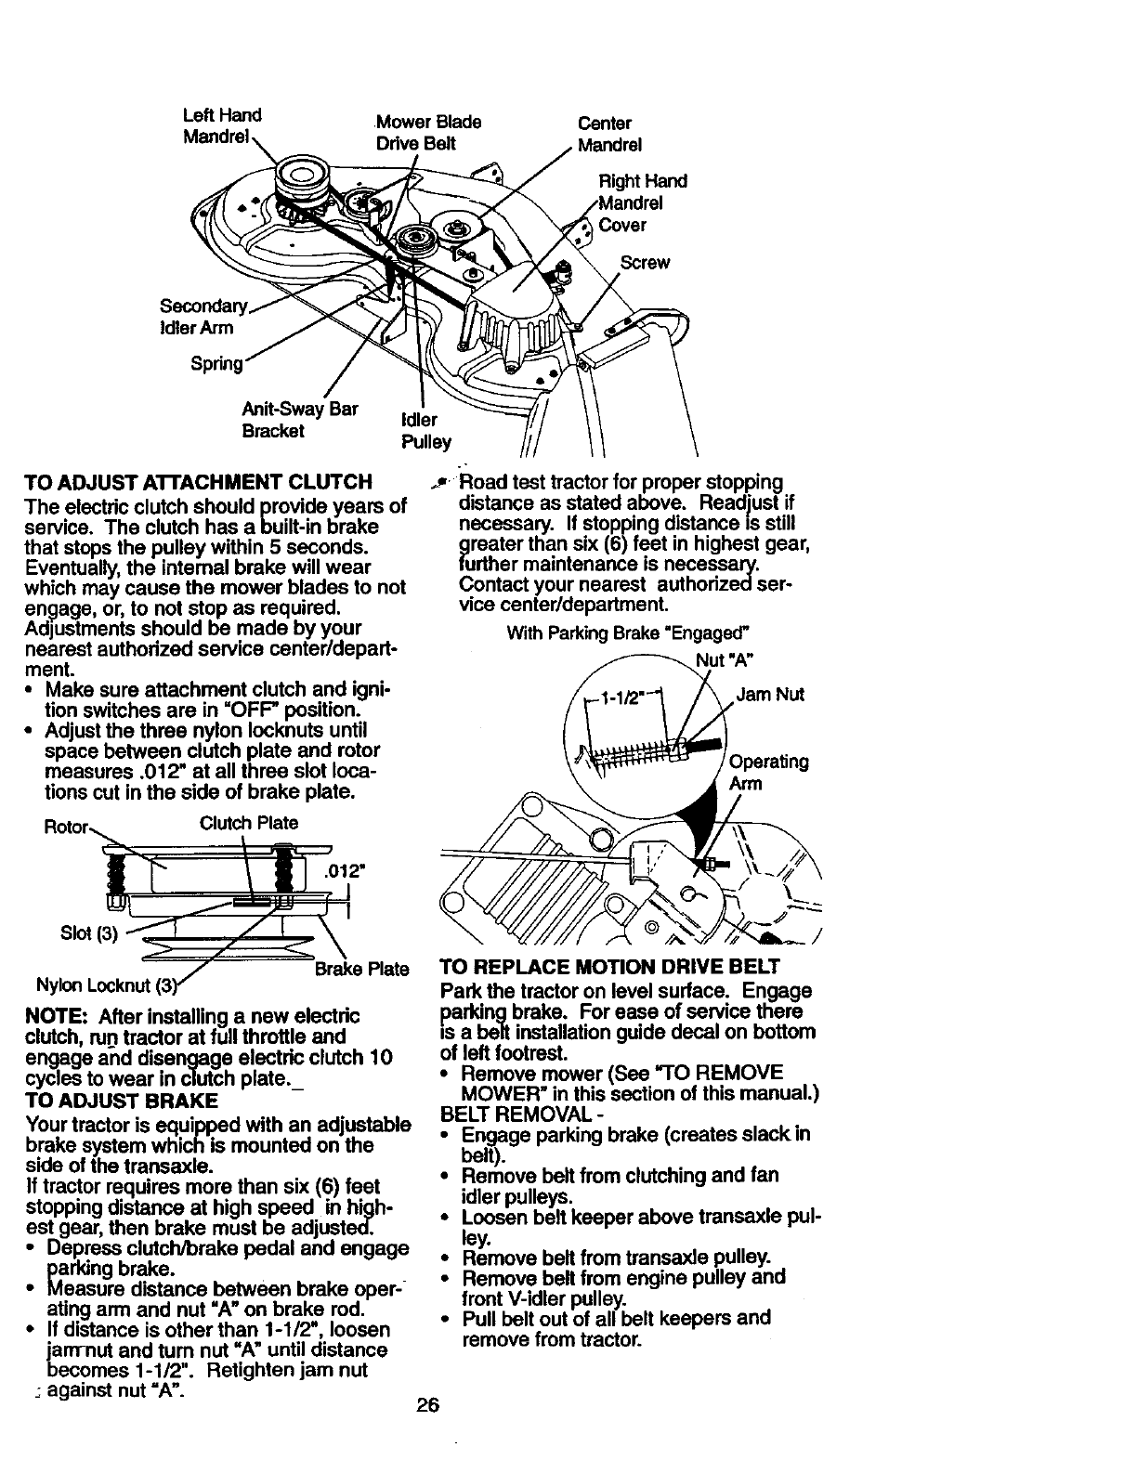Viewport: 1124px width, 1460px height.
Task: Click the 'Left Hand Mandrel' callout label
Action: coord(221,126)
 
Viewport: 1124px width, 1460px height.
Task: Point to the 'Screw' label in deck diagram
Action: coord(644,263)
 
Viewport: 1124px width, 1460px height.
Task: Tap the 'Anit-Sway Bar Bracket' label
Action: coord(299,420)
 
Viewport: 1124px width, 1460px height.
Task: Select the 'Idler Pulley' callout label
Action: coord(425,431)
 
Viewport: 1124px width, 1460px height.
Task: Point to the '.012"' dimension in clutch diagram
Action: coord(345,871)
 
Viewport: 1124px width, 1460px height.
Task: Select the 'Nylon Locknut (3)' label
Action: coord(102,985)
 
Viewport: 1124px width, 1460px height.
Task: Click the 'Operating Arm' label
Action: coord(767,773)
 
